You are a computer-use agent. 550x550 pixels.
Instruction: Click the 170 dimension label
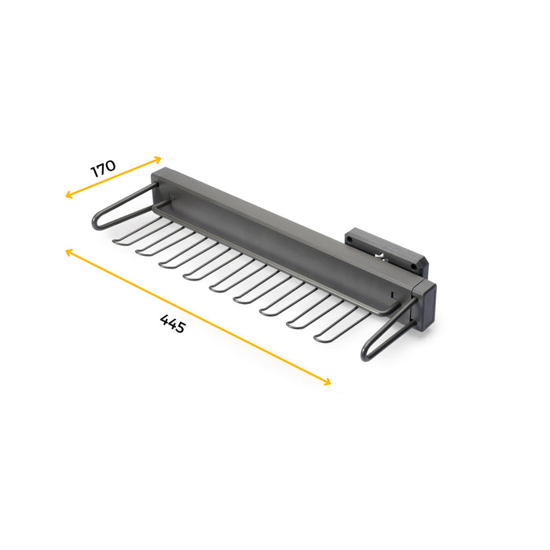point(103,168)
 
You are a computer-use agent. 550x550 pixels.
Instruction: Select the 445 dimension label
point(172,323)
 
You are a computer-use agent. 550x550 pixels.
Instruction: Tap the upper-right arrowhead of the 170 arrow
point(159,159)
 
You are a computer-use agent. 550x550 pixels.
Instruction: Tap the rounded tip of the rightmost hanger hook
point(317,338)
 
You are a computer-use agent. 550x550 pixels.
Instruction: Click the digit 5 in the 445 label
point(180,328)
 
